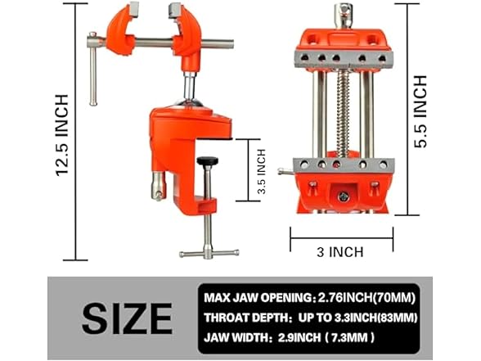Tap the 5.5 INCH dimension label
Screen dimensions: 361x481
click(x=420, y=111)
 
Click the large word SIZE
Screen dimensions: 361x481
click(x=127, y=316)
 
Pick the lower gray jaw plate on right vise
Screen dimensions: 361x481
click(x=344, y=165)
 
